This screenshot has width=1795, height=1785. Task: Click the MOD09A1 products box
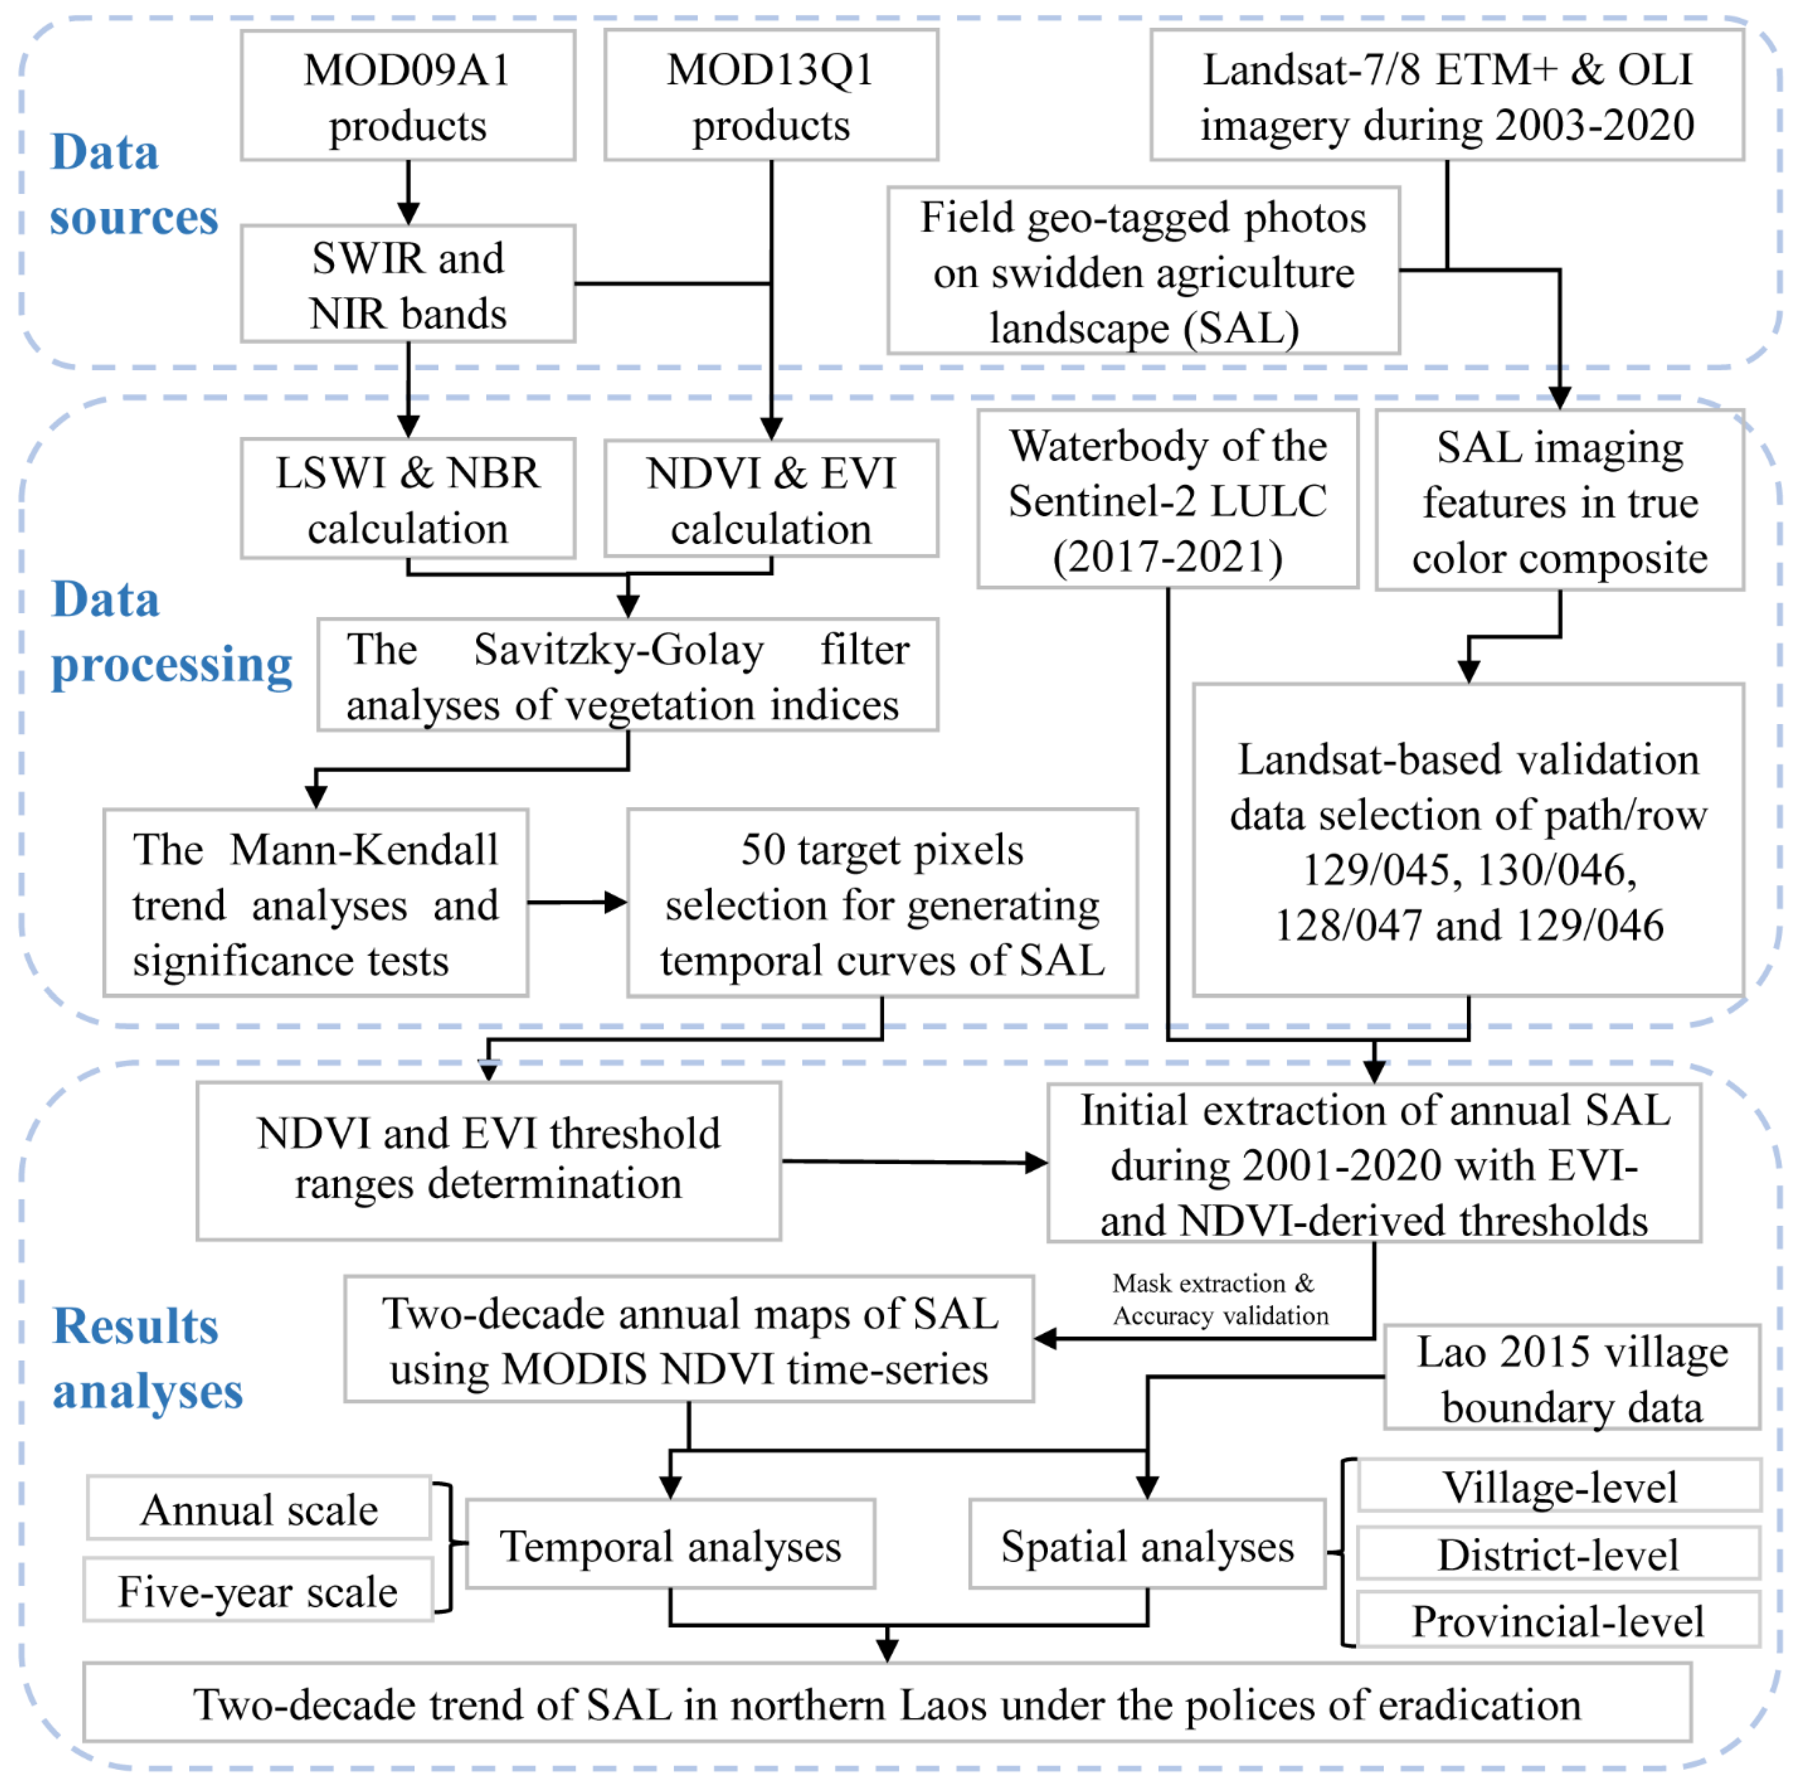coord(408,96)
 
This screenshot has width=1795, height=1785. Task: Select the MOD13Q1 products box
coord(771,96)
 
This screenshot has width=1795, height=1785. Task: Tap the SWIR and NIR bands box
coord(408,284)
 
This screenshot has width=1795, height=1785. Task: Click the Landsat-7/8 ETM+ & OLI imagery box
coord(1447,96)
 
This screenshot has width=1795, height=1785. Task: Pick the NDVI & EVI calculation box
coord(771,500)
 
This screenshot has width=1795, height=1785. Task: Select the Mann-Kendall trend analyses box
coord(316,903)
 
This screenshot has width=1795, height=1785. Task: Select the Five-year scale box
coord(258,1592)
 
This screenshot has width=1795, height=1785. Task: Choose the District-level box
coord(1558,1555)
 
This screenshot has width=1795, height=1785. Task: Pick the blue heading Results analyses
coord(147,1358)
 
